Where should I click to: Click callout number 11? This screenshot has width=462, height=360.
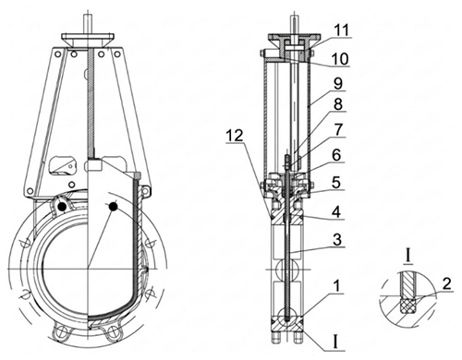(341, 30)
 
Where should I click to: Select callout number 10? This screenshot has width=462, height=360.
(339, 58)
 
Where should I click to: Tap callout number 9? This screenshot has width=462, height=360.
(338, 83)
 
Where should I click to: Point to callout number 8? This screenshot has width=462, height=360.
(338, 104)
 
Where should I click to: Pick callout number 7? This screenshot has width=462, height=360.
(338, 129)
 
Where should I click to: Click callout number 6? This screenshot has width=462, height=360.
(336, 155)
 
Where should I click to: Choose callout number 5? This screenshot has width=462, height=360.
(336, 183)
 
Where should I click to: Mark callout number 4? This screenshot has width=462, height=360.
(337, 211)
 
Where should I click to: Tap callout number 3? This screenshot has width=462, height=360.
(337, 239)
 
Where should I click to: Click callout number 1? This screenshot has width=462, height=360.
(337, 286)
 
